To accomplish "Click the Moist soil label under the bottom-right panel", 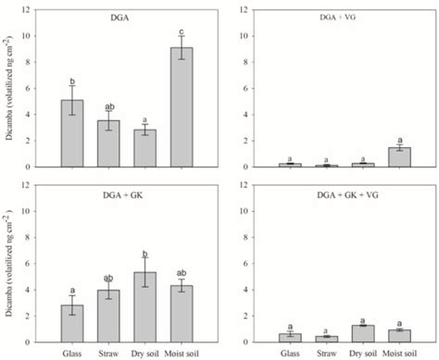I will (x=396, y=351).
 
